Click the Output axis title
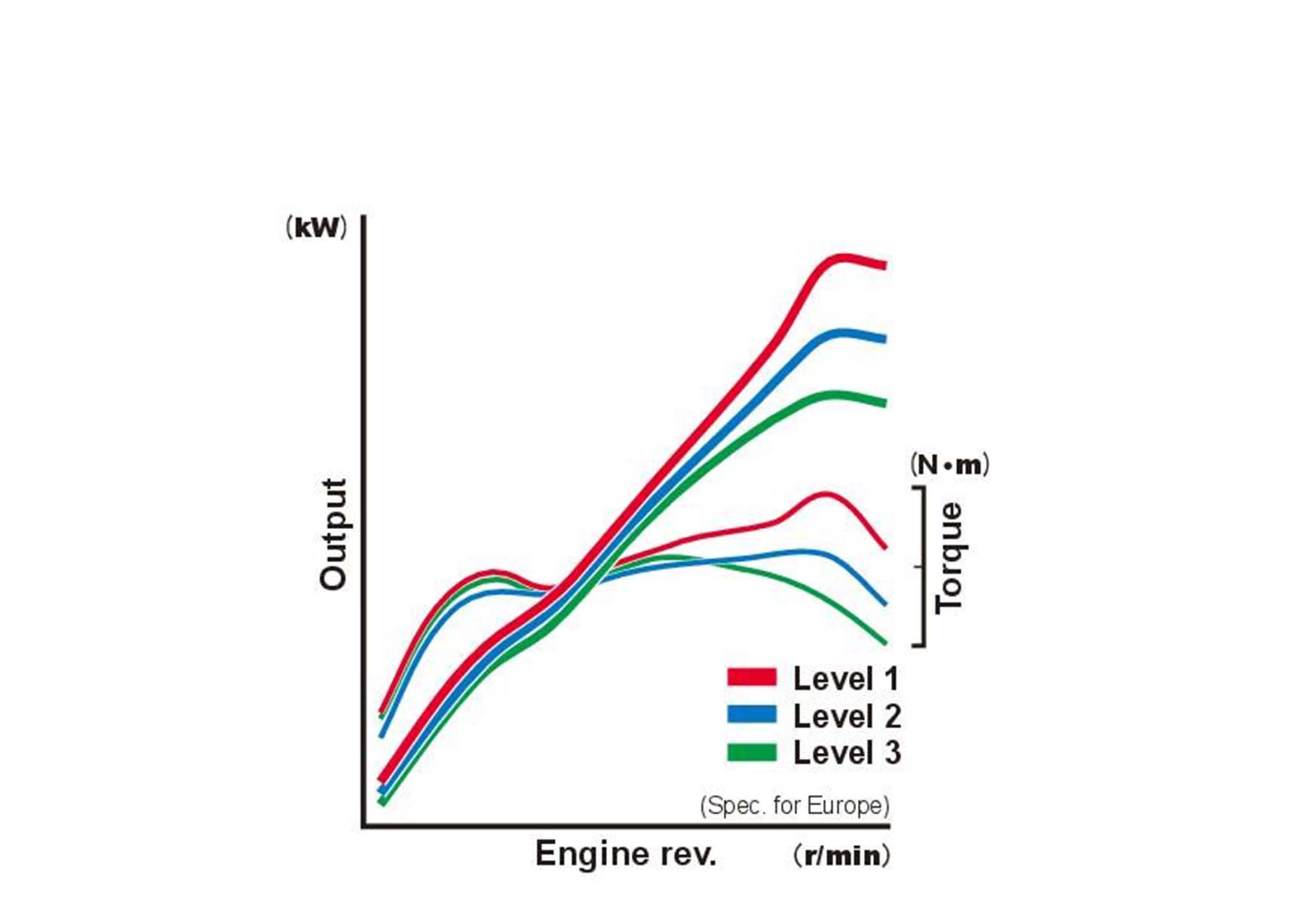(x=333, y=534)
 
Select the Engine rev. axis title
(x=625, y=853)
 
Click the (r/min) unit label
(x=842, y=855)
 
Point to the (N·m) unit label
(x=949, y=464)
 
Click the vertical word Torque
(x=949, y=558)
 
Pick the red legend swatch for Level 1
(x=752, y=677)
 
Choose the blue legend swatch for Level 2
(x=752, y=714)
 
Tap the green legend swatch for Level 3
(x=752, y=752)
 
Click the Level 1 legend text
(x=846, y=679)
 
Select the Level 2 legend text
(x=847, y=716)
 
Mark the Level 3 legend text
(x=847, y=753)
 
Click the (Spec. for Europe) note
(x=794, y=805)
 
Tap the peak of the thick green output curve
(x=836, y=396)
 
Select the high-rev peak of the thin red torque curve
(x=825, y=494)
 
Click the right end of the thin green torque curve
(x=885, y=643)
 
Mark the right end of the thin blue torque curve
(x=885, y=603)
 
